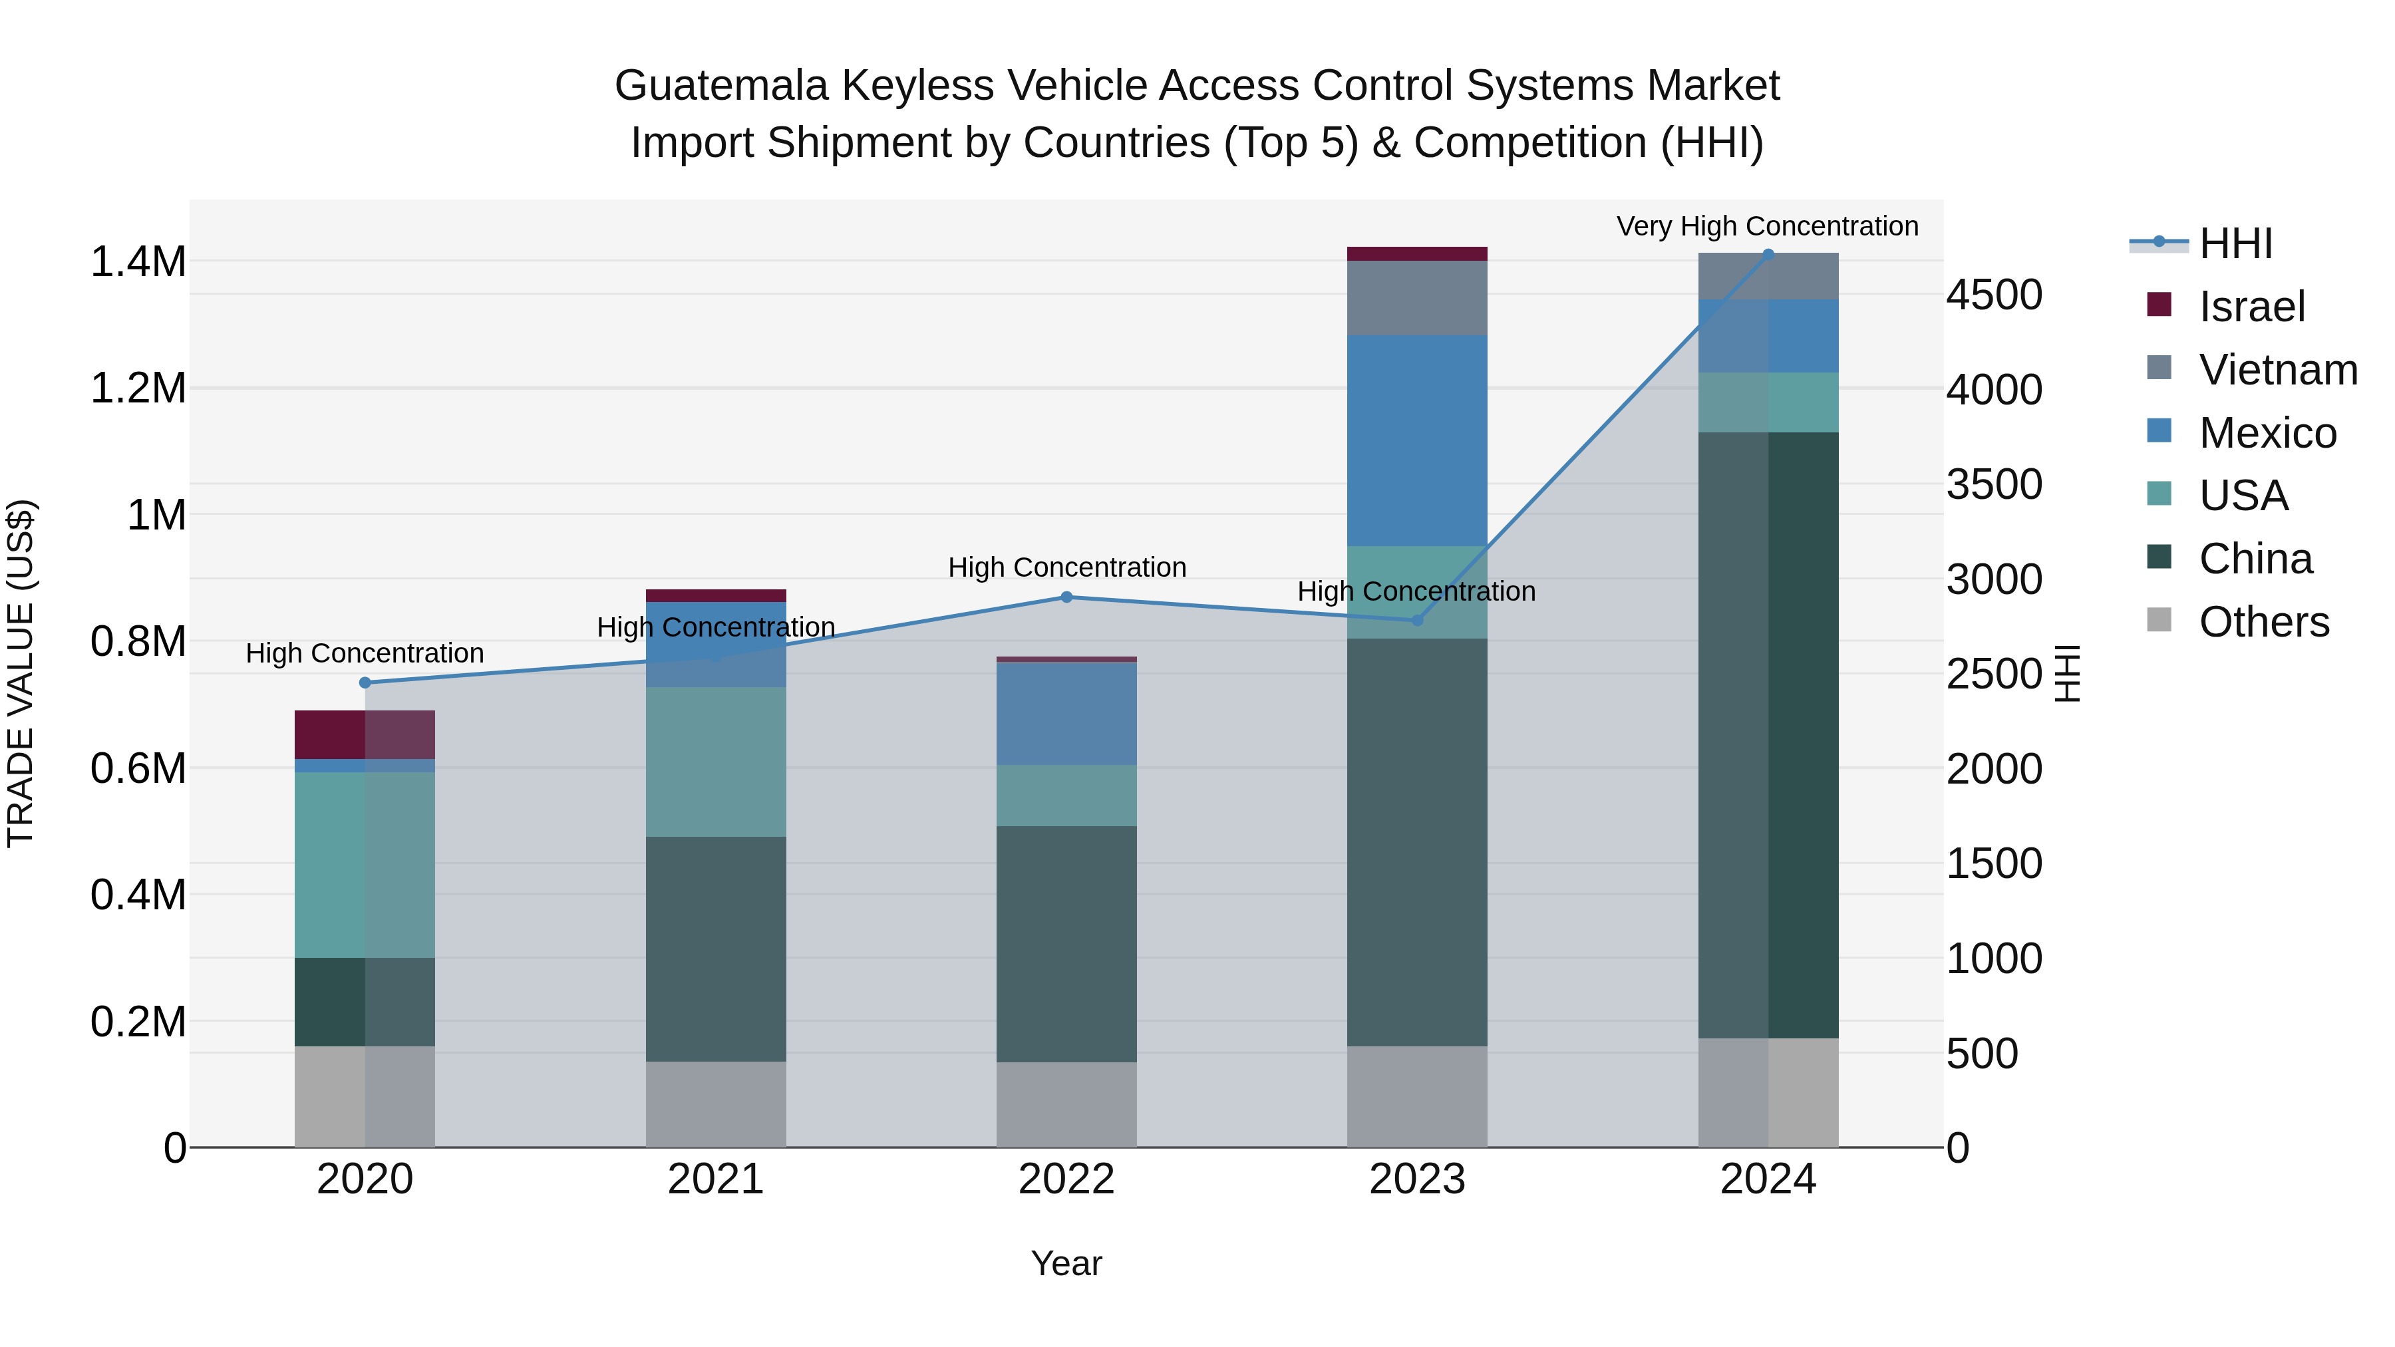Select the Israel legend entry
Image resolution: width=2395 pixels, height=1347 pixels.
pyautogui.click(x=2250, y=307)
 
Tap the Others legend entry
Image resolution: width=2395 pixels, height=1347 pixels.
pyautogui.click(x=2263, y=622)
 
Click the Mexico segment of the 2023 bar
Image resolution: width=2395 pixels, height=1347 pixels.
pyautogui.click(x=1417, y=440)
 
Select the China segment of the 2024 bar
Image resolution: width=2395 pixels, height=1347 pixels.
pyautogui.click(x=1768, y=734)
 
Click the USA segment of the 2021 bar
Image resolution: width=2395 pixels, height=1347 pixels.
pyautogui.click(x=716, y=762)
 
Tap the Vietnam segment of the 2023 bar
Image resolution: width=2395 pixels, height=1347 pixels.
pyautogui.click(x=1417, y=297)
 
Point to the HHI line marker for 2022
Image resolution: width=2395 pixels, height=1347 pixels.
pyautogui.click(x=1066, y=597)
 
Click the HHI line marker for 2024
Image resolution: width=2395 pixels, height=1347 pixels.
pyautogui.click(x=1768, y=254)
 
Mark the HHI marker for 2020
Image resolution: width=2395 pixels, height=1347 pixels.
pyautogui.click(x=365, y=682)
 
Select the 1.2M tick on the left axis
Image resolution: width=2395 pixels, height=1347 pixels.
pyautogui.click(x=138, y=388)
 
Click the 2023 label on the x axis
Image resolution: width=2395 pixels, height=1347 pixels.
pyautogui.click(x=1417, y=1179)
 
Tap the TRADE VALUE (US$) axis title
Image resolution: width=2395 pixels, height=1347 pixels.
pyautogui.click(x=21, y=673)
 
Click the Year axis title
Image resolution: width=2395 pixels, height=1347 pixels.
pyautogui.click(x=1066, y=1263)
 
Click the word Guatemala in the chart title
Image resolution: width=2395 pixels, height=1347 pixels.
pyautogui.click(x=720, y=86)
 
